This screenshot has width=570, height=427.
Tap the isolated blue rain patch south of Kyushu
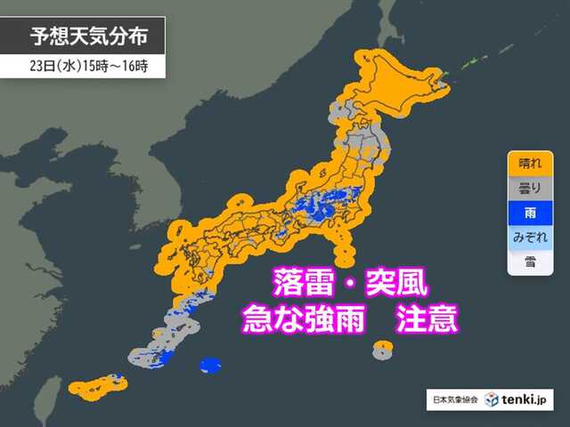pyautogui.click(x=211, y=365)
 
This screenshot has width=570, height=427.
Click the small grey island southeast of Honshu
pyautogui.click(x=382, y=350)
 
